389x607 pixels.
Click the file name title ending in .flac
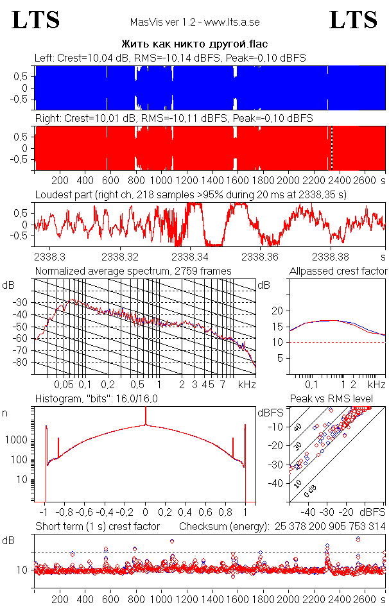point(195,44)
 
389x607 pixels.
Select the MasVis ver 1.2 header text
point(194,22)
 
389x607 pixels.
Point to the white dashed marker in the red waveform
point(331,148)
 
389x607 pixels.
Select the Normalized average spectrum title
point(133,271)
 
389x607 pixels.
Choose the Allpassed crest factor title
point(338,271)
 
